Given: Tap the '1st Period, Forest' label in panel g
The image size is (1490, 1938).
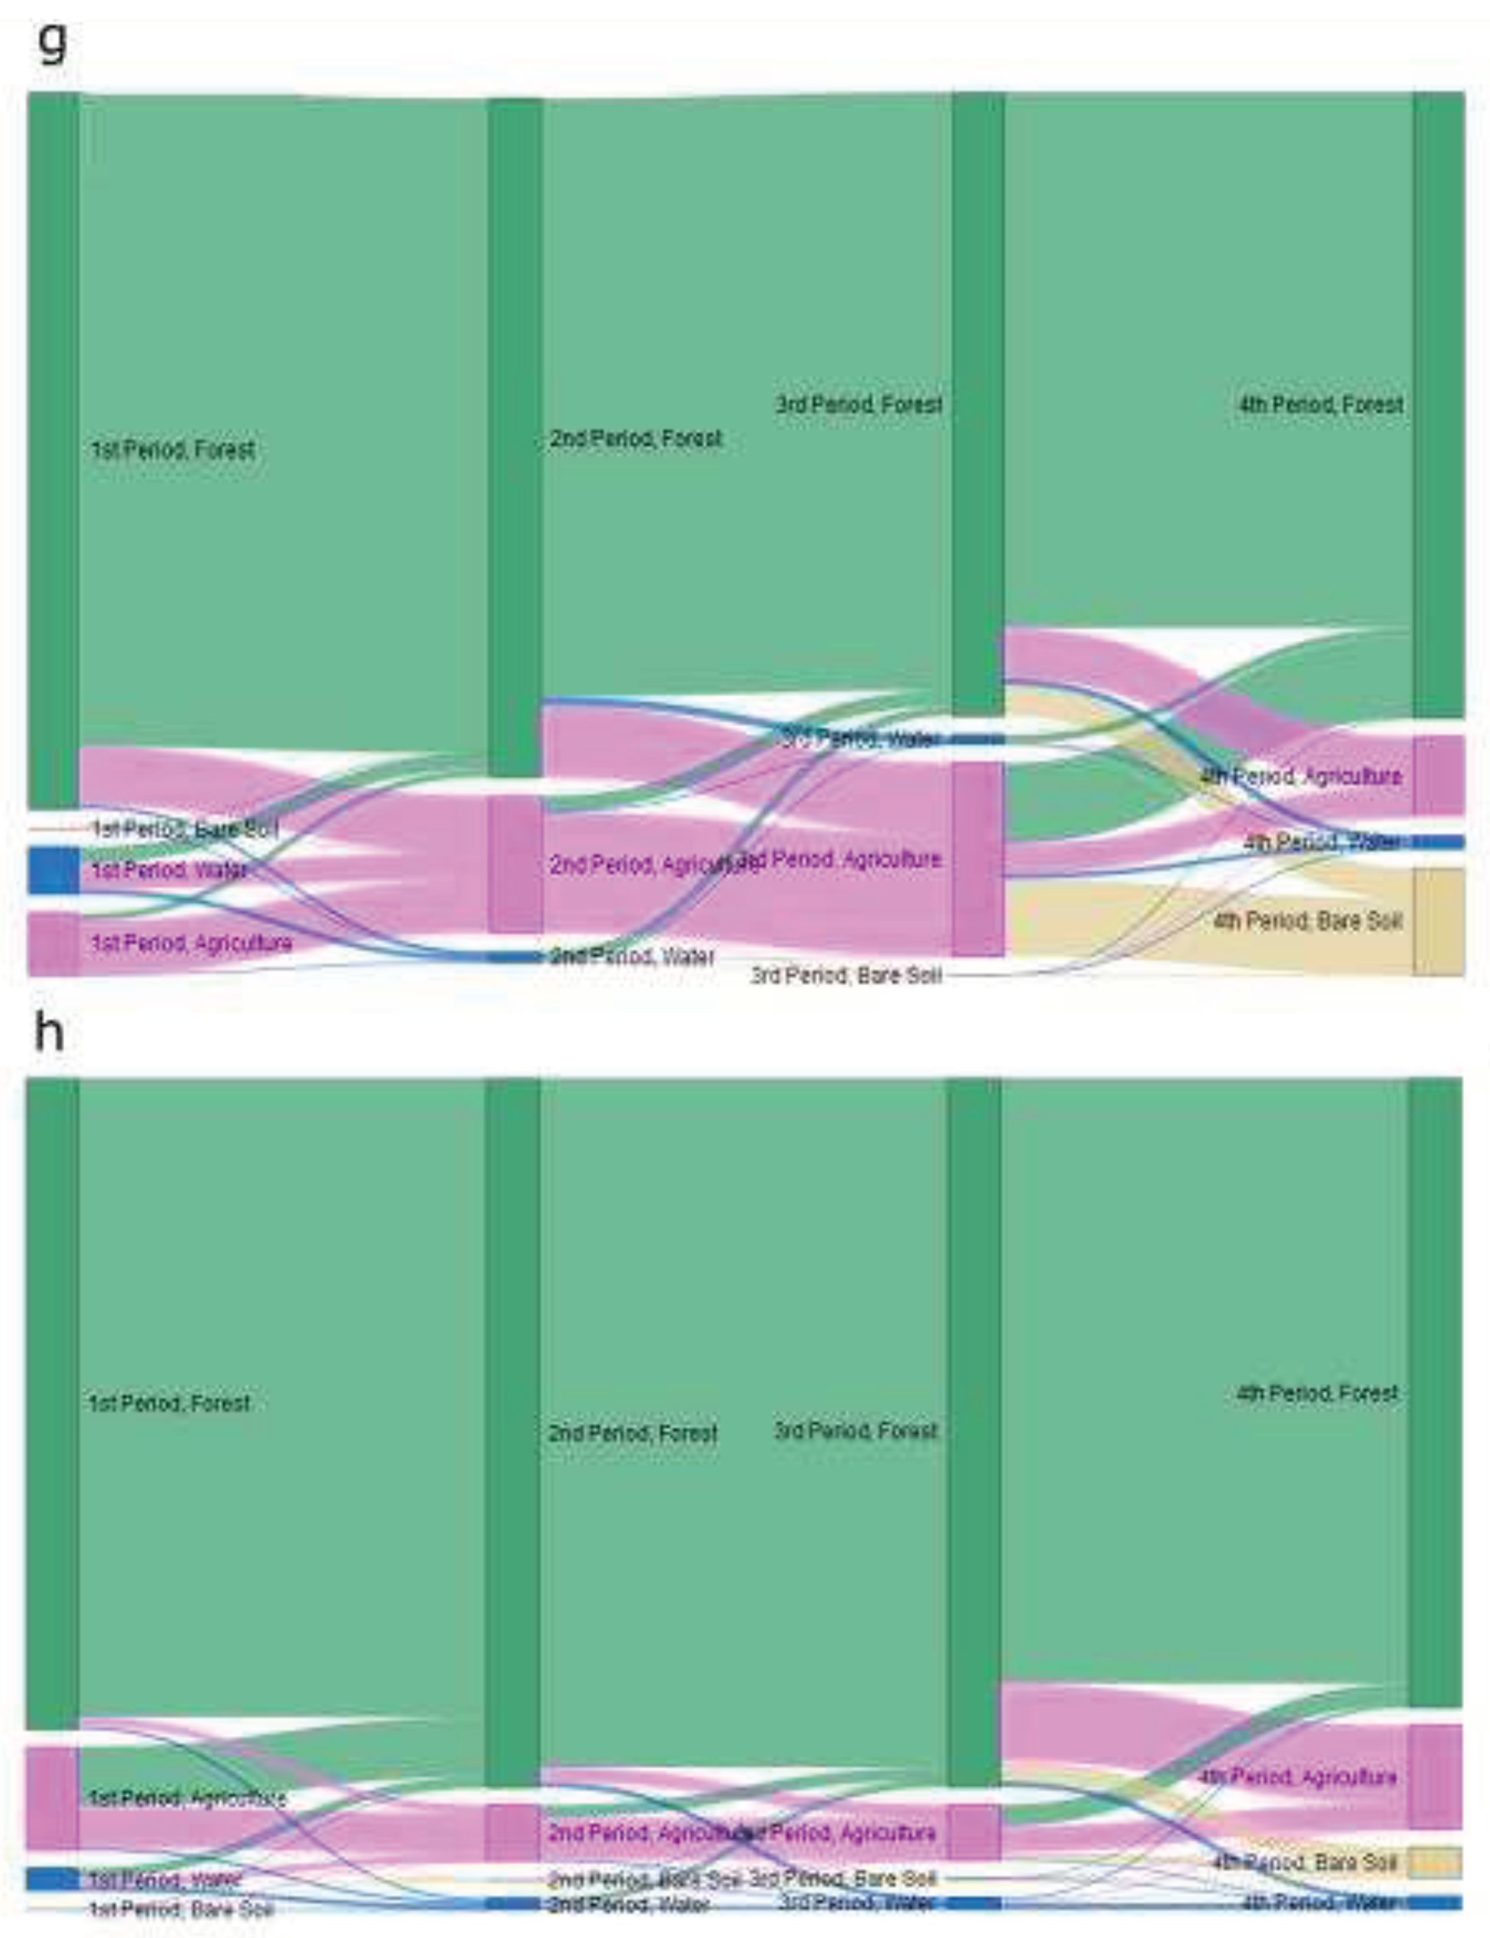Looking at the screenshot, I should click(173, 449).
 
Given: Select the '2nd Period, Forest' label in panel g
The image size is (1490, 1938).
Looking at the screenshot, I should click(636, 438).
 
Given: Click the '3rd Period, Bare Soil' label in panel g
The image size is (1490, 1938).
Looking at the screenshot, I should click(846, 975).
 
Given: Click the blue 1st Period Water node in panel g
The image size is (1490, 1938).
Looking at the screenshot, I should click(53, 870).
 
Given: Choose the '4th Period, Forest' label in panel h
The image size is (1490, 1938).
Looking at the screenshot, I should click(1317, 1394).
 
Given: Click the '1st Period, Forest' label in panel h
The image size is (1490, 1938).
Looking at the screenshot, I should click(169, 1403).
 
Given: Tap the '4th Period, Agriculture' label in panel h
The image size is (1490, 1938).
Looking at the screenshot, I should click(1298, 1776).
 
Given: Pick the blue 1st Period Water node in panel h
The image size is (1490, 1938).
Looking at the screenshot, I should click(52, 1878).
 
